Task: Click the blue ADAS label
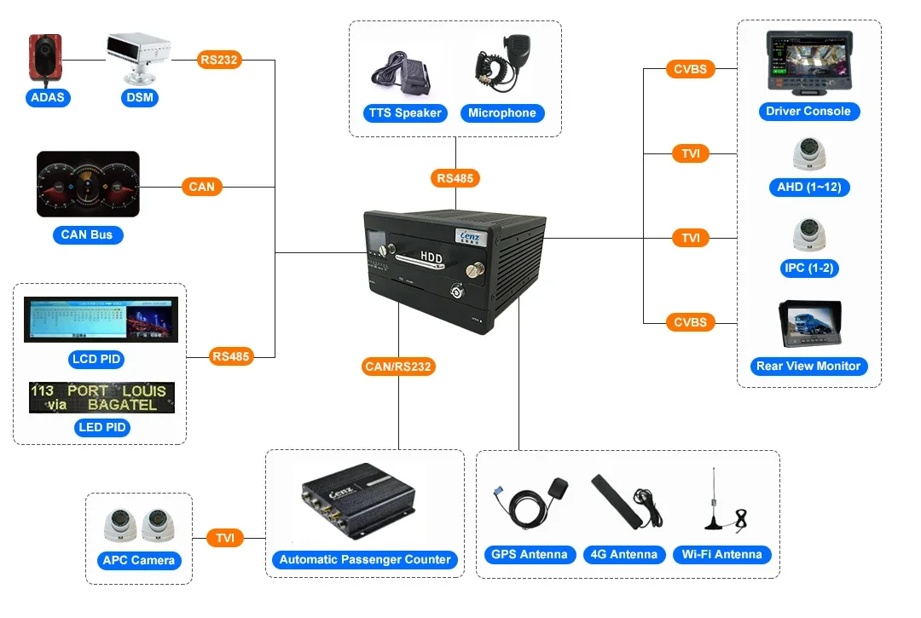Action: pyautogui.click(x=48, y=97)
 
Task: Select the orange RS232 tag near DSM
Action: pyautogui.click(x=220, y=60)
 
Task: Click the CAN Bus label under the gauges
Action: pyautogui.click(x=86, y=234)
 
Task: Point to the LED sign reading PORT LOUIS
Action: pyautogui.click(x=102, y=397)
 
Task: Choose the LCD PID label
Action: pyautogui.click(x=96, y=359)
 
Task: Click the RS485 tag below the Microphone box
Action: pyautogui.click(x=455, y=178)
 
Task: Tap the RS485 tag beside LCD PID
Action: pyautogui.click(x=231, y=356)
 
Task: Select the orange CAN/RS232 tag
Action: pyautogui.click(x=398, y=367)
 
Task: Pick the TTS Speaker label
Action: pyautogui.click(x=405, y=113)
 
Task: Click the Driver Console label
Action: pyautogui.click(x=808, y=111)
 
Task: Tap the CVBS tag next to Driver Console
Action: pyautogui.click(x=690, y=69)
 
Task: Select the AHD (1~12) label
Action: pyautogui.click(x=808, y=187)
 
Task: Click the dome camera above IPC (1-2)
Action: pyautogui.click(x=808, y=234)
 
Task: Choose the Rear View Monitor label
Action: pyautogui.click(x=808, y=366)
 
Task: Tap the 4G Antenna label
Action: pyautogui.click(x=624, y=554)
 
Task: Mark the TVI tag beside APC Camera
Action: pyautogui.click(x=225, y=538)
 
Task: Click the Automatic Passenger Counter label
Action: pyautogui.click(x=365, y=559)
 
